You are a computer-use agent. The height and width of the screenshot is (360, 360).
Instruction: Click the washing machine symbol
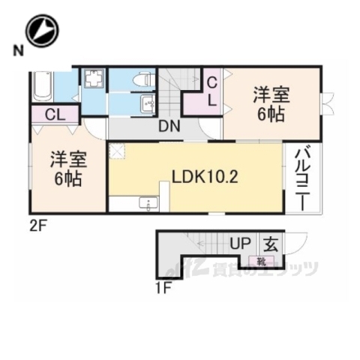click(x=93, y=80)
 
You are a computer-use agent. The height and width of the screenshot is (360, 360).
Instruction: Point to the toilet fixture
click(x=142, y=79)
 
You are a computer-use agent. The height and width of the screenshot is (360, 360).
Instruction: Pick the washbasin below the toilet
click(x=144, y=104)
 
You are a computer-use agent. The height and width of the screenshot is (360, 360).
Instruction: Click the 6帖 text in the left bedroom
click(x=67, y=181)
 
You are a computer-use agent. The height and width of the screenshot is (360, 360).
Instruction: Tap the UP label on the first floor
click(x=239, y=244)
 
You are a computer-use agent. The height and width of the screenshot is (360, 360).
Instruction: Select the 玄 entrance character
click(x=269, y=243)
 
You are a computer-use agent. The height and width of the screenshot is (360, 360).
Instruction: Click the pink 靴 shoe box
click(x=261, y=262)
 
